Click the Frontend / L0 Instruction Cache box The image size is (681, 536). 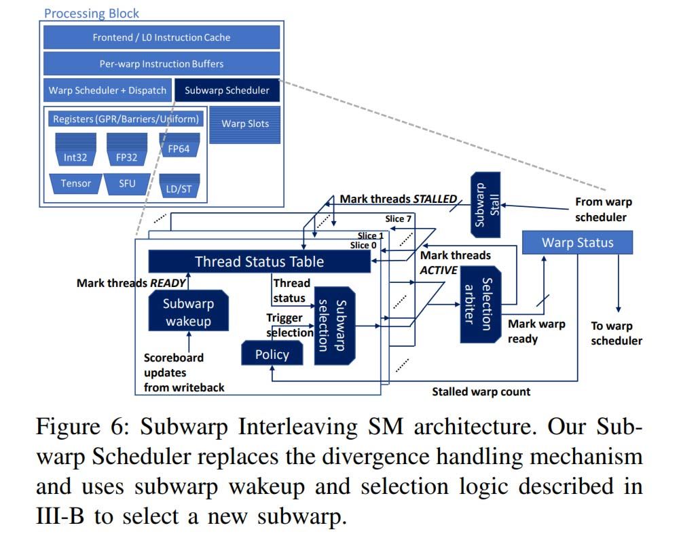pyautogui.click(x=162, y=37)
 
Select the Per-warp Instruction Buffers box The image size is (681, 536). pyautogui.click(x=162, y=64)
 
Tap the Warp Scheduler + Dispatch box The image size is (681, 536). pyautogui.click(x=107, y=90)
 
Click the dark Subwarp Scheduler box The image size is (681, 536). pyautogui.click(x=227, y=90)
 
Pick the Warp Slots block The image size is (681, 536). pyautogui.click(x=244, y=124)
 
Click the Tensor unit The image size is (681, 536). pyautogui.click(x=75, y=184)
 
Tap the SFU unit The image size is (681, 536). pyautogui.click(x=127, y=184)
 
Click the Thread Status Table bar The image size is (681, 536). pyautogui.click(x=259, y=261)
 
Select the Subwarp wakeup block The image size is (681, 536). pyautogui.click(x=188, y=311)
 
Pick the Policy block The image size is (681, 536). pyautogui.click(x=272, y=354)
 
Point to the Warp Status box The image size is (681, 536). pyautogui.click(x=577, y=242)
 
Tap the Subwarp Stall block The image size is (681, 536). pyautogui.click(x=485, y=204)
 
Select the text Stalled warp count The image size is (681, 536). pyautogui.click(x=481, y=391)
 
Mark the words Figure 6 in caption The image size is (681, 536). pyautogui.click(x=75, y=428)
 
